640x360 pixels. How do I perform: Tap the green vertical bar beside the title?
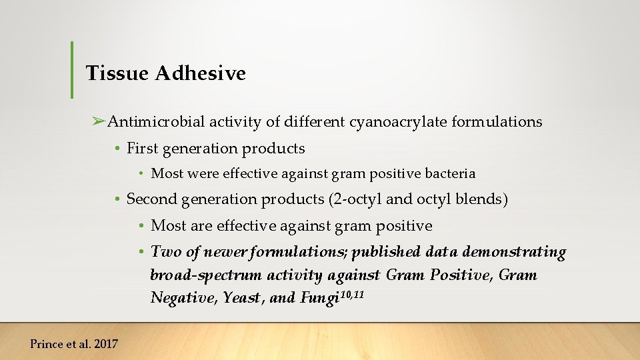[x=72, y=69]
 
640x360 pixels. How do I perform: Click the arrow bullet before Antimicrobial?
[x=99, y=121]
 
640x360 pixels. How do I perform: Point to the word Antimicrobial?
[x=156, y=122]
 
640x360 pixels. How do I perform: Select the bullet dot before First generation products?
[x=117, y=149]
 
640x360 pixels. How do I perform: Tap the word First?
[x=141, y=149]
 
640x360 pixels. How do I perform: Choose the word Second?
[x=152, y=199]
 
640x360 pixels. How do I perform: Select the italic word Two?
[x=165, y=252]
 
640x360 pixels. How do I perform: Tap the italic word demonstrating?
[x=513, y=252]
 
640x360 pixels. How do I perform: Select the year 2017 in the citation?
[x=105, y=344]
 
